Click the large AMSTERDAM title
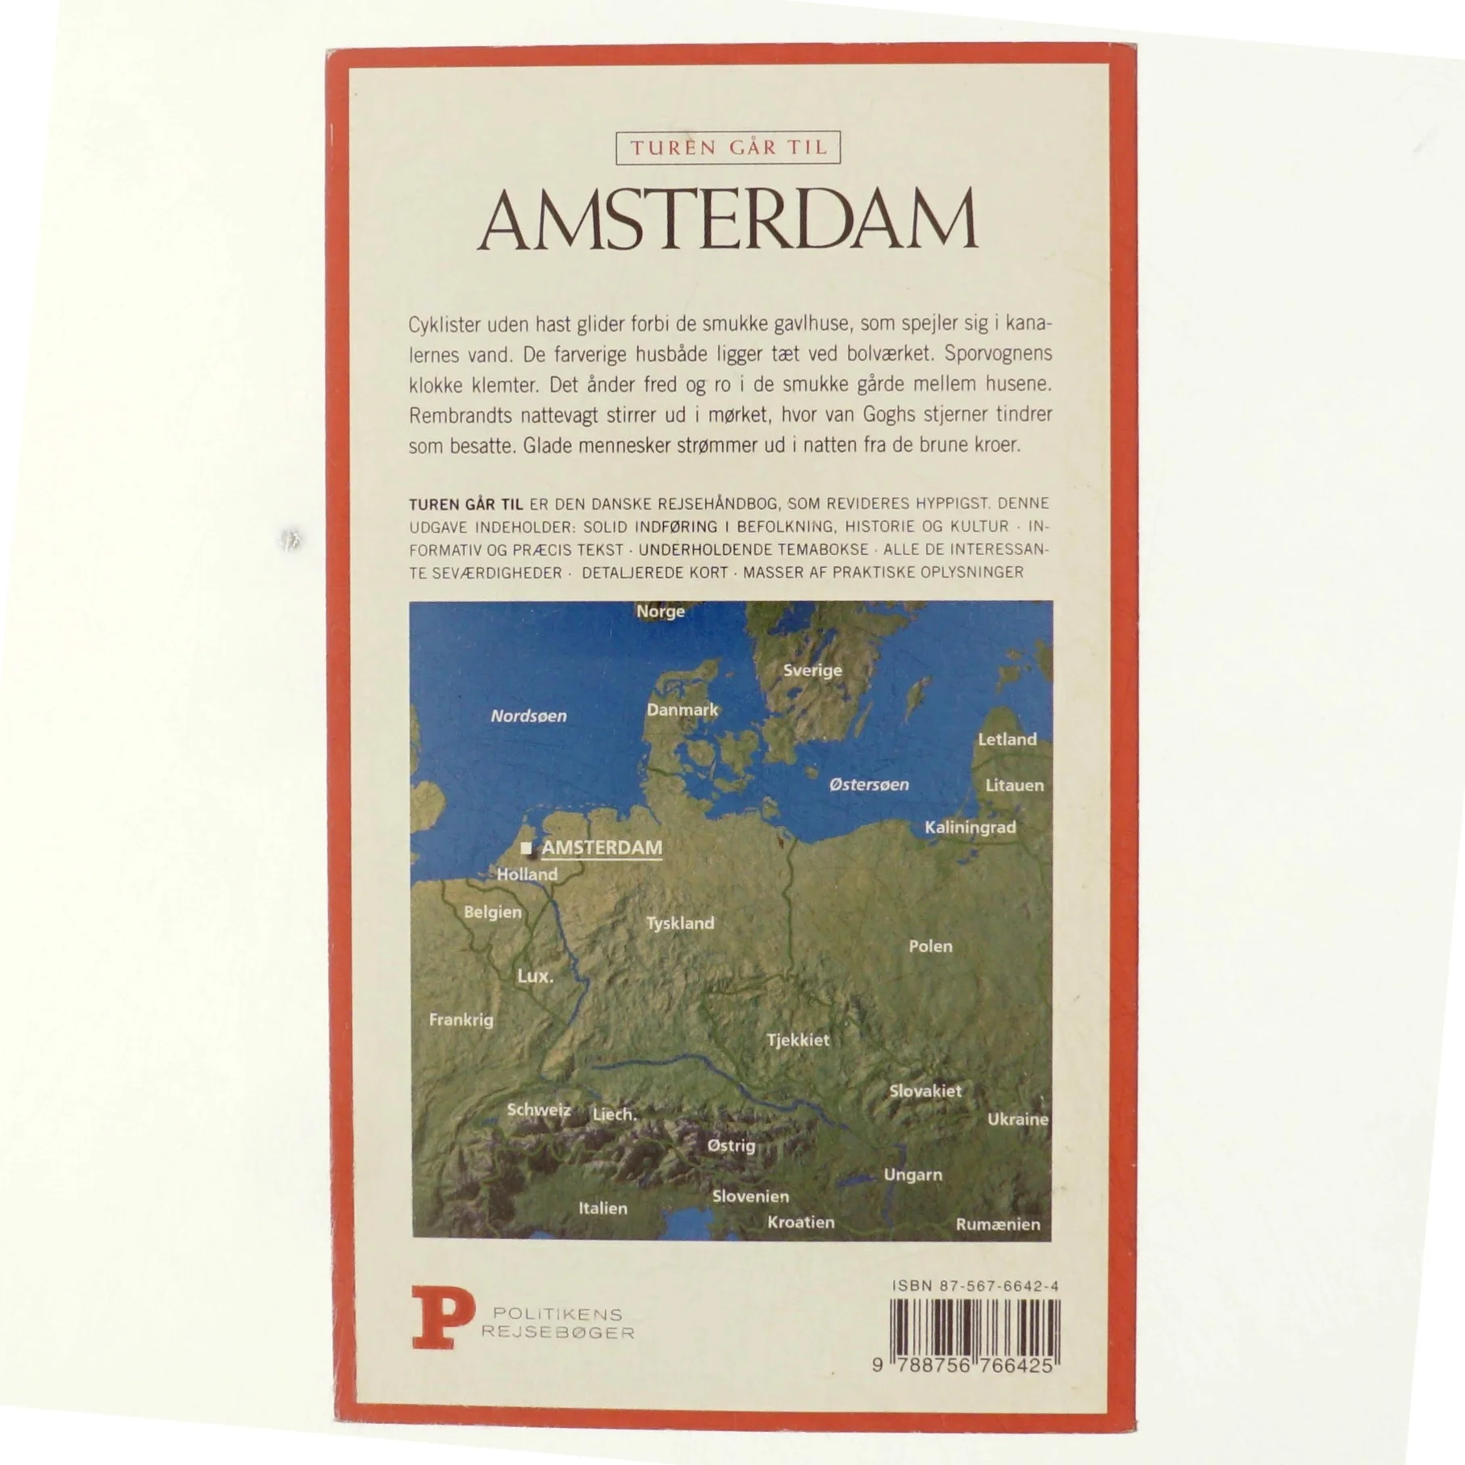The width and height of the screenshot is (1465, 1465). click(x=728, y=220)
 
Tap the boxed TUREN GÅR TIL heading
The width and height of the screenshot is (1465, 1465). click(x=728, y=148)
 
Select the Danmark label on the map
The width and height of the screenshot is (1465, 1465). click(x=682, y=710)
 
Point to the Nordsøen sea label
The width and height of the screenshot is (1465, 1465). click(x=528, y=716)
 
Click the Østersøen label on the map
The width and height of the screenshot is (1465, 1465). click(x=869, y=784)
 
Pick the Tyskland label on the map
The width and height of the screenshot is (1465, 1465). click(x=680, y=923)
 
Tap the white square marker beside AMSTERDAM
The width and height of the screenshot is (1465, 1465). click(x=527, y=848)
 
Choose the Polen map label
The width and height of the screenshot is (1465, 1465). click(x=930, y=946)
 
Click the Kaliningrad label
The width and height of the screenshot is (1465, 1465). click(x=970, y=827)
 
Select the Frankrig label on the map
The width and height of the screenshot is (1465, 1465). click(x=461, y=1020)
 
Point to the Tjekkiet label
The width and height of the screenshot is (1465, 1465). click(x=798, y=1040)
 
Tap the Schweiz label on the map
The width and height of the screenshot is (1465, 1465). click(x=539, y=1110)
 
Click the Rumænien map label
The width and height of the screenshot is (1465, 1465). click(x=998, y=1225)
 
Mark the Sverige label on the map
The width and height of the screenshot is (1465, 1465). click(x=812, y=670)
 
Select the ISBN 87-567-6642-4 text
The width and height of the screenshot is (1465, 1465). click(x=975, y=1287)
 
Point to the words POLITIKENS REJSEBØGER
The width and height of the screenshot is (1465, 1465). click(x=557, y=1324)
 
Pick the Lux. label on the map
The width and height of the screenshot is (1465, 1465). click(x=536, y=976)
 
